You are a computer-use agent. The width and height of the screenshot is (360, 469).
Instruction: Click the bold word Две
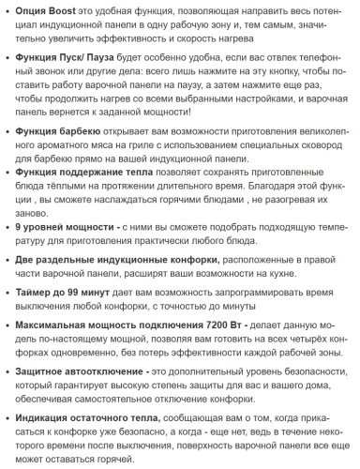pos(28,265)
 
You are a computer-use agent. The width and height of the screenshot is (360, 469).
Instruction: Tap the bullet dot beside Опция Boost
pos(7,10)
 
